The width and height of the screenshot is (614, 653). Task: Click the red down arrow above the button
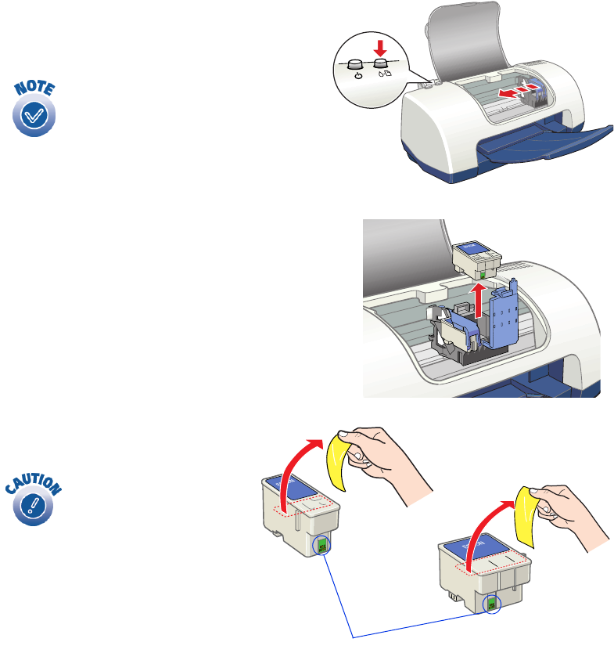382,46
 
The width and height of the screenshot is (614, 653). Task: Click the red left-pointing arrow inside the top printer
508,92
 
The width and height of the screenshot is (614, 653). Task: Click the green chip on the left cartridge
321,545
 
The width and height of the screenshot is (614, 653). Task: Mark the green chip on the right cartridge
491,603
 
